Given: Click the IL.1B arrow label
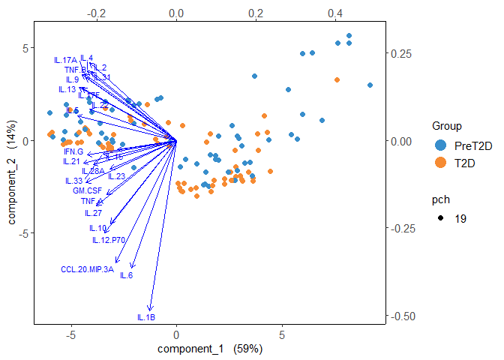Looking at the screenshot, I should [146, 318].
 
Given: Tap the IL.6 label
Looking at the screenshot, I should [126, 275].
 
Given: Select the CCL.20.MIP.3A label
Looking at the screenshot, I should [87, 269].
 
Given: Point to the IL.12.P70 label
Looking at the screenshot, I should [108, 240].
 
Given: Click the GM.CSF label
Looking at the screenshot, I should [87, 191].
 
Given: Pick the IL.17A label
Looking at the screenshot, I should [66, 60].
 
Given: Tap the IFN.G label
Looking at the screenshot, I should [73, 151].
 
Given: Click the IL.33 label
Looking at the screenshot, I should [73, 181].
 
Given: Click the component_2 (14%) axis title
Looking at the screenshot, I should [13, 176].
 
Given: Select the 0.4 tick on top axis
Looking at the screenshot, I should [335, 13].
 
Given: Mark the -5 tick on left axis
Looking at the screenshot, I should [23, 233].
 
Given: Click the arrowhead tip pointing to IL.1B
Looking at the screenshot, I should [151, 310].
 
